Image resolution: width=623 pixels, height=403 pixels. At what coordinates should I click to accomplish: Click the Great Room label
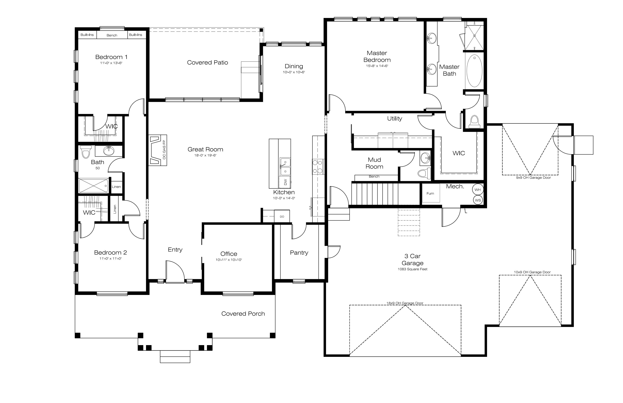coord(205,149)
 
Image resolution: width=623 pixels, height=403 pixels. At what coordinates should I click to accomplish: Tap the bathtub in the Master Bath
coord(474,71)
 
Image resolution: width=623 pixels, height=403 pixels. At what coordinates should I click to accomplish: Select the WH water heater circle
coord(478,190)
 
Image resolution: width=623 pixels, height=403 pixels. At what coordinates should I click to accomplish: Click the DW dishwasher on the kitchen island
coord(285,182)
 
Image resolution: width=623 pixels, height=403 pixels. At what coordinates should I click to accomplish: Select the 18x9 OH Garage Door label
coord(405,303)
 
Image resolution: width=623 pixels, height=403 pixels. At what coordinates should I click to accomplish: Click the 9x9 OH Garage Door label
coord(533,178)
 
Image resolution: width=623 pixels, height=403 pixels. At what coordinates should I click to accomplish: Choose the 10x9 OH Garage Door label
coord(532,272)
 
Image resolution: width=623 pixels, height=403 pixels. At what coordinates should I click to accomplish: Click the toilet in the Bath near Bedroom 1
coord(85,152)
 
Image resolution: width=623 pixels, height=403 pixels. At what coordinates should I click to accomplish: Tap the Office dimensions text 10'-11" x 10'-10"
coord(229,260)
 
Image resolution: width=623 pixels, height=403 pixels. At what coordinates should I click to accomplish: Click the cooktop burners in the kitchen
coord(318,167)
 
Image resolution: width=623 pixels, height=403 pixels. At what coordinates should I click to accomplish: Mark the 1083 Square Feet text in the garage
coord(412,269)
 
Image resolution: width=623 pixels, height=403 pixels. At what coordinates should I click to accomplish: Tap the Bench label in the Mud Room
coord(374,176)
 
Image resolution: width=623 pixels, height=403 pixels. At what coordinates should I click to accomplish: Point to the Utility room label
coord(395,119)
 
